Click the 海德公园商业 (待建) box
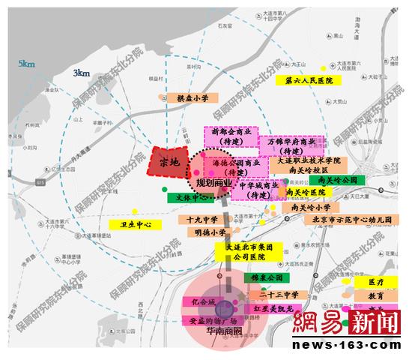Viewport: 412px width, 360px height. tap(237, 166)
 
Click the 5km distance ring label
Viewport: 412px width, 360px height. tap(28, 64)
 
